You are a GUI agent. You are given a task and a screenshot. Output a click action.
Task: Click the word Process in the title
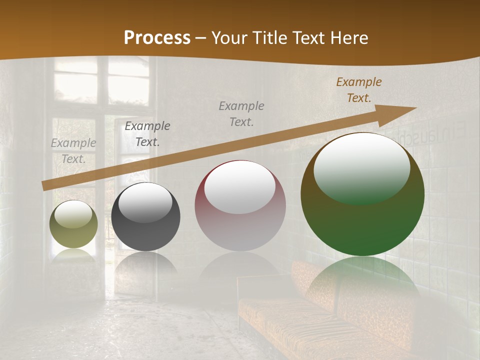coord(157,37)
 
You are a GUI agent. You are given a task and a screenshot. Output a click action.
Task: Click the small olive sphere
coord(73,224)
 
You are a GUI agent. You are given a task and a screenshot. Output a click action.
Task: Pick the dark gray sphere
coord(145,217)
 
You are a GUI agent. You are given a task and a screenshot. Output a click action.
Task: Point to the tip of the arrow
coord(415,108)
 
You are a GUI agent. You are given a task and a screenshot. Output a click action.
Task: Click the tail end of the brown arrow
coord(44,186)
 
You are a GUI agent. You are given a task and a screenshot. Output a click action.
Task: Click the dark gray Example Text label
coord(147,134)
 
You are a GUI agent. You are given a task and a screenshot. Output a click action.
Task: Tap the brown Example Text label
coord(359,90)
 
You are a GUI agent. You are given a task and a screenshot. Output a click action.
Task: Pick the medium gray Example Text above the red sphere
coord(241,113)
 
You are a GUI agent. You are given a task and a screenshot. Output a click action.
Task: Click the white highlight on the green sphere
coord(361,167)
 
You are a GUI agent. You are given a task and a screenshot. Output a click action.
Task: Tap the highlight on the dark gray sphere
coord(145,202)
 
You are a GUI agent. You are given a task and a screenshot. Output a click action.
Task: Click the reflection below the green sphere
coord(362,280)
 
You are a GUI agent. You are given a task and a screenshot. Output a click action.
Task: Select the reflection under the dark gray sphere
coord(145,267)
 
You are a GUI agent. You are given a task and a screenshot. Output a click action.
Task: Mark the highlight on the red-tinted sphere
coord(240,187)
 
